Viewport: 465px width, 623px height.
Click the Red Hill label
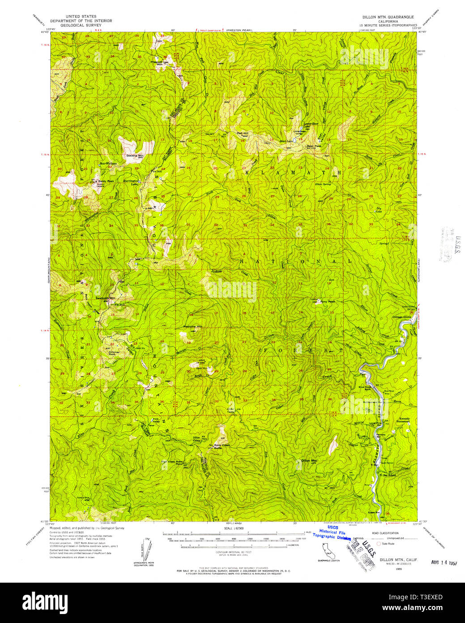(x=243, y=133)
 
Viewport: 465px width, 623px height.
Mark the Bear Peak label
(x=314, y=146)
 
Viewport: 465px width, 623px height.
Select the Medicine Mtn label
(x=193, y=326)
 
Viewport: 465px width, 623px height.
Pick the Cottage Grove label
(x=401, y=317)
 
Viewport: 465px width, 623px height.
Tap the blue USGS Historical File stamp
(x=332, y=533)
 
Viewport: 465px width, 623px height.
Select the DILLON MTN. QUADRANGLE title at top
(x=388, y=16)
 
